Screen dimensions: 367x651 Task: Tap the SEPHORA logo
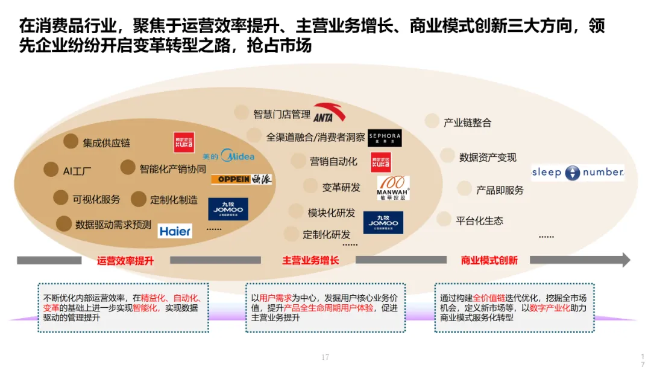(384, 138)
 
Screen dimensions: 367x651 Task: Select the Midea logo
(229, 156)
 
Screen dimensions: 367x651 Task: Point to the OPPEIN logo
(241, 179)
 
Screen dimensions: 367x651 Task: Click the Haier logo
(175, 231)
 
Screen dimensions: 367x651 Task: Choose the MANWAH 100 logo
(393, 188)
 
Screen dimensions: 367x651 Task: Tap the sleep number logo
(577, 173)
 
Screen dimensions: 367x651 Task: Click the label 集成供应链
(107, 143)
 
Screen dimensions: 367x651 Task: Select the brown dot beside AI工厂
(51, 170)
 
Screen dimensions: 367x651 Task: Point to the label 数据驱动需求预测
(113, 225)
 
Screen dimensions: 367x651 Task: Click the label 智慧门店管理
(281, 114)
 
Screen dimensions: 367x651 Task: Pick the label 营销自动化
(333, 161)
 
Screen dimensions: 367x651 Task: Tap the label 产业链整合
(467, 123)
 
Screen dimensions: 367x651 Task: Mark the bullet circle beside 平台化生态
(444, 219)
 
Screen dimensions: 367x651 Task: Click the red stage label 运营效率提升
(125, 261)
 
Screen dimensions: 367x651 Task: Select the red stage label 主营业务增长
(310, 261)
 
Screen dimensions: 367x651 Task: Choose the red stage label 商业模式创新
(489, 261)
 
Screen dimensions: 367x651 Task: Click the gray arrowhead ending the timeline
(626, 260)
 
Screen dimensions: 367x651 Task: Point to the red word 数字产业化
(549, 307)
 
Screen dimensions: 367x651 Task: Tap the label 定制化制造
(174, 200)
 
